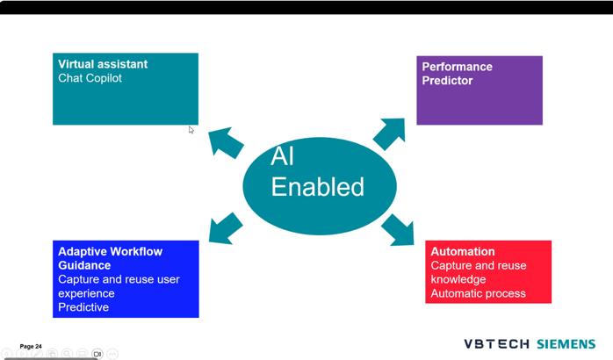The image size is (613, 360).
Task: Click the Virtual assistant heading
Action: [x=103, y=64]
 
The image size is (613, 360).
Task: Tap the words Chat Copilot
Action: [x=90, y=78]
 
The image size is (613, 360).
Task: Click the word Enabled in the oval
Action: [x=317, y=187]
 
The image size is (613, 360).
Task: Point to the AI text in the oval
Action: [x=282, y=156]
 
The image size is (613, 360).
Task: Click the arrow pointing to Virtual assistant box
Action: [x=225, y=142]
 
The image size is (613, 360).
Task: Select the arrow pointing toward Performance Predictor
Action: [x=389, y=133]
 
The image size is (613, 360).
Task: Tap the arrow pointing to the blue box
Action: [x=225, y=228]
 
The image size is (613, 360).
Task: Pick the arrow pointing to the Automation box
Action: [x=399, y=230]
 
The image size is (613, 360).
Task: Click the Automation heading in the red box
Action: [x=462, y=251]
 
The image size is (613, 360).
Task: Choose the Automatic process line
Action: [x=478, y=293]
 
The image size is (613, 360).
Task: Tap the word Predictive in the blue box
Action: [x=83, y=307]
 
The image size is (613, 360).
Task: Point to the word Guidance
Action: [x=84, y=265]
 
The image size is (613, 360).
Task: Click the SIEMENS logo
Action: [x=566, y=344]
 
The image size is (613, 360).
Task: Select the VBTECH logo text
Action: [x=496, y=344]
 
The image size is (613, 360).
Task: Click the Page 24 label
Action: [x=31, y=347]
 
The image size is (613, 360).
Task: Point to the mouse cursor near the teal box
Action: [x=191, y=130]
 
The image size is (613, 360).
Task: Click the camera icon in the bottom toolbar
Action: [x=97, y=355]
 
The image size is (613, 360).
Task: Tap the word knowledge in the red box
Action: [x=458, y=279]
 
